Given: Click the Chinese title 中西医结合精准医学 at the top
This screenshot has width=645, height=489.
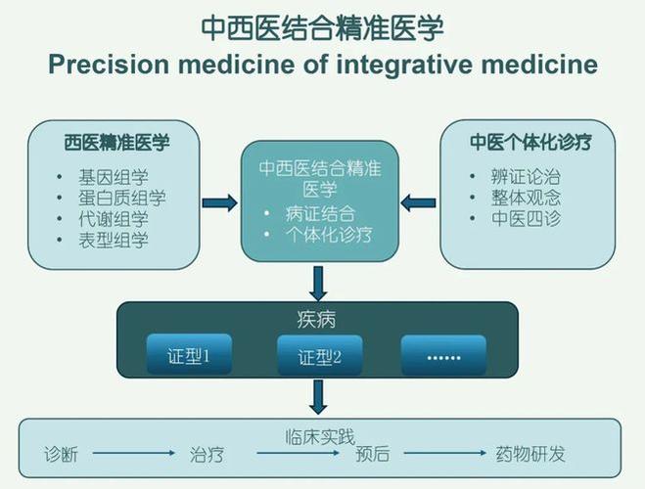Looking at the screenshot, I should pyautogui.click(x=322, y=26).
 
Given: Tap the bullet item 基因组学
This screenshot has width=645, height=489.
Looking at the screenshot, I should pyautogui.click(x=114, y=178).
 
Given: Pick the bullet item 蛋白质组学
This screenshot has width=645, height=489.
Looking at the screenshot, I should pyautogui.click(x=122, y=199).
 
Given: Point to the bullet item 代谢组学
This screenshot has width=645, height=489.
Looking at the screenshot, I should pyautogui.click(x=114, y=219).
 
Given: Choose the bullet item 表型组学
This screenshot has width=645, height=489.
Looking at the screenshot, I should pyautogui.click(x=114, y=240).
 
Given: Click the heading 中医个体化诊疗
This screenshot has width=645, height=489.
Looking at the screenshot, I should pyautogui.click(x=529, y=142).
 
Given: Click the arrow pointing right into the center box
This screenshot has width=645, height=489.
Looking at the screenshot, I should pyautogui.click(x=219, y=203).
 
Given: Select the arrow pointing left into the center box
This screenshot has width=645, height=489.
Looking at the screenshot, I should pyautogui.click(x=419, y=203).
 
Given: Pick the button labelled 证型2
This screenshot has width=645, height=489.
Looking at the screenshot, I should pyautogui.click(x=320, y=356).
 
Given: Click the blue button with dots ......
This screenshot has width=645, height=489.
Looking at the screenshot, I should pyautogui.click(x=443, y=356).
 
